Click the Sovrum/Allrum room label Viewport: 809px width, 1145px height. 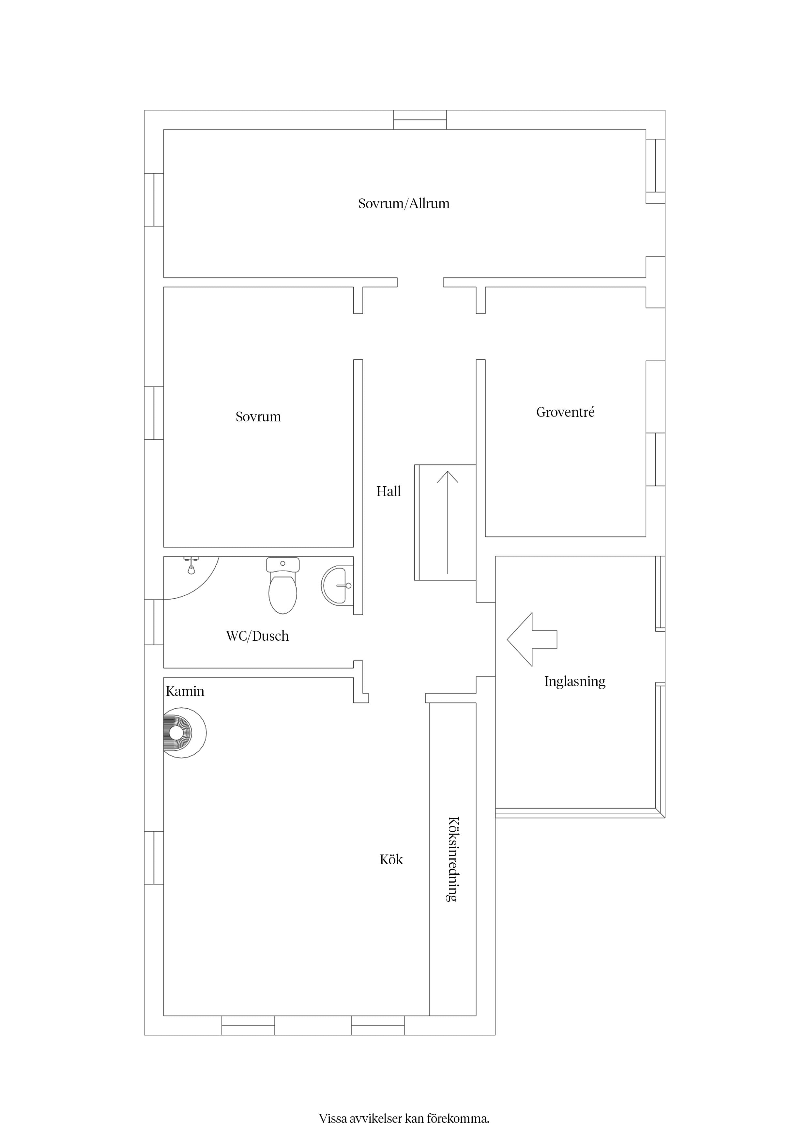tap(404, 203)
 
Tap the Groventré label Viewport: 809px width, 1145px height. tap(565, 413)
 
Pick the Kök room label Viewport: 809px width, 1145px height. tap(391, 859)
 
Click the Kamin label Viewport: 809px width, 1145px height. tap(185, 691)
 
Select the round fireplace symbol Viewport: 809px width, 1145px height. tap(184, 733)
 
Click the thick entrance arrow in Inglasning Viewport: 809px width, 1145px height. tap(532, 639)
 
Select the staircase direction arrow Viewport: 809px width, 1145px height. tap(448, 522)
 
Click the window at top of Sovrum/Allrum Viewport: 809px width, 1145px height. tap(420, 120)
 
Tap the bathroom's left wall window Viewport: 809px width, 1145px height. tap(154, 622)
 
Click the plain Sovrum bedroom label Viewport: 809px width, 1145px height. tap(258, 417)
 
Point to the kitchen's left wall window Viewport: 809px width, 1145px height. tap(154, 858)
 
